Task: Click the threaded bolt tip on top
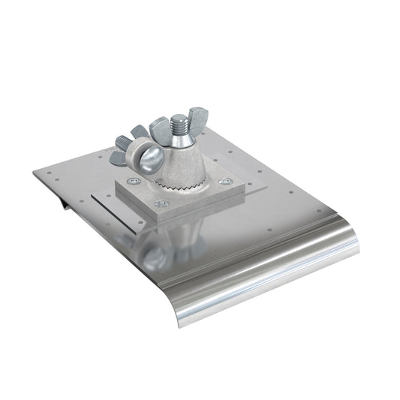[x=182, y=123]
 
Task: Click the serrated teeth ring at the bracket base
[x=182, y=184]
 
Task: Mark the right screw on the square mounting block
[x=223, y=180]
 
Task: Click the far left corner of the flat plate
[x=35, y=171]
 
